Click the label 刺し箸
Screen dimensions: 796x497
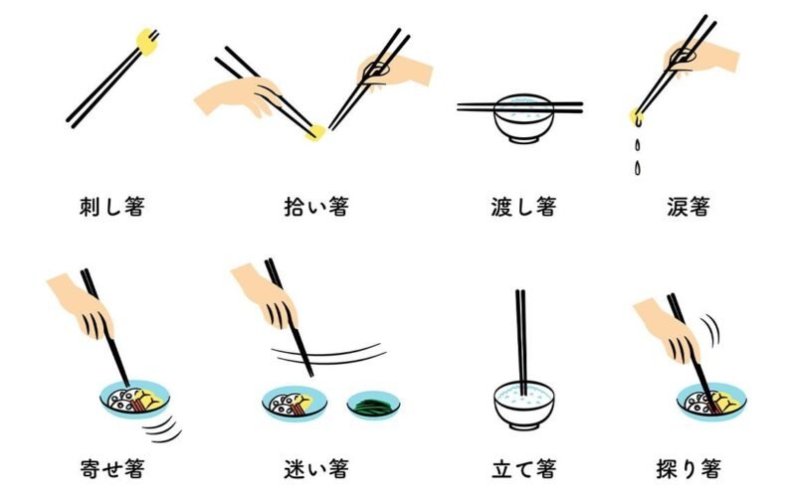[x=112, y=207]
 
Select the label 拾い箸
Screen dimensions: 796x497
[x=316, y=207]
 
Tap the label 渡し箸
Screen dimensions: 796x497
[x=523, y=207]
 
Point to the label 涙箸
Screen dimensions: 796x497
[x=689, y=207]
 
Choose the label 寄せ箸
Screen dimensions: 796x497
[x=112, y=468]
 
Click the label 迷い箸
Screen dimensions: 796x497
[x=316, y=468]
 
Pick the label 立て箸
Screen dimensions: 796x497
[x=523, y=468]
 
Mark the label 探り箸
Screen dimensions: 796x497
[x=689, y=468]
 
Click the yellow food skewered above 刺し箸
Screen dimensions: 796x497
[x=146, y=42]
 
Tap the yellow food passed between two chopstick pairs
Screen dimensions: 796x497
[x=315, y=133]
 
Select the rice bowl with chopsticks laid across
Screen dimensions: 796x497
[x=523, y=117]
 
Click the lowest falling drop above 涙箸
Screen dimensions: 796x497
[x=637, y=168]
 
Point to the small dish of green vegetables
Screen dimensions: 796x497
[x=374, y=405]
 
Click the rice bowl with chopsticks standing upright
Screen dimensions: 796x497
[x=524, y=406]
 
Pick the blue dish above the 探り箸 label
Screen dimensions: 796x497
[x=711, y=402]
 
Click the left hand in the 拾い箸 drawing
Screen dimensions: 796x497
[x=238, y=96]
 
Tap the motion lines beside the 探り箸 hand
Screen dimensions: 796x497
[x=711, y=330]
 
